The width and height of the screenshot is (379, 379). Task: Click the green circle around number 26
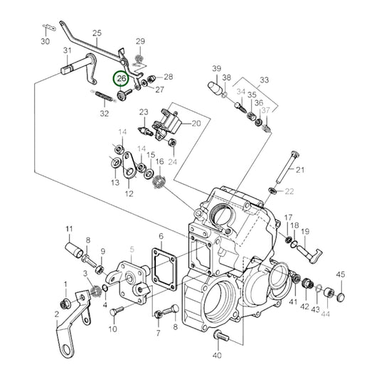[x=114, y=78]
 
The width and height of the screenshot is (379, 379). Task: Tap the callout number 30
[x=46, y=41]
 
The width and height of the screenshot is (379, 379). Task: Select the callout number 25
[x=97, y=33]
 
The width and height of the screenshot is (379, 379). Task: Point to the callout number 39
[x=217, y=68]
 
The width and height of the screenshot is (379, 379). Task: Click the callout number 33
[x=265, y=80]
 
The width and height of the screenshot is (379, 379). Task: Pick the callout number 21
[x=300, y=170]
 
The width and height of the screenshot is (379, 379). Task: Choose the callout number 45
[x=341, y=274]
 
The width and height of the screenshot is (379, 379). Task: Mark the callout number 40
[x=217, y=356]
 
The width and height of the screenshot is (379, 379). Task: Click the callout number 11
[x=70, y=229]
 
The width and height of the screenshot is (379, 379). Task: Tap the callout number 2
[x=57, y=314]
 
